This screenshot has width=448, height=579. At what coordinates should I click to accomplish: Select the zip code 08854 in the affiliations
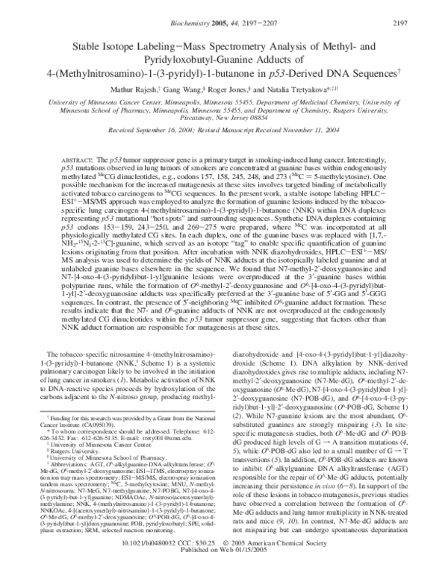pos(279,118)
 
